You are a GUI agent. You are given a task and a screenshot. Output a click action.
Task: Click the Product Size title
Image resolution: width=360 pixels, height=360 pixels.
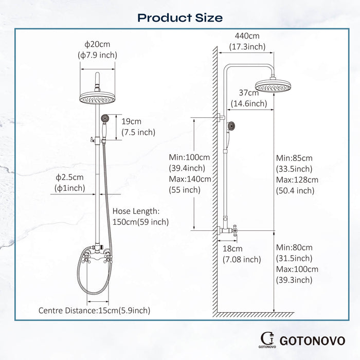[180, 18]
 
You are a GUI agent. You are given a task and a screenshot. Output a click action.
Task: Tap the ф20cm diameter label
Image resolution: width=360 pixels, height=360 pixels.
[97, 45]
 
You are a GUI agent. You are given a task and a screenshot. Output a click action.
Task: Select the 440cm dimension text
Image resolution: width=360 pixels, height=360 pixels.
[247, 36]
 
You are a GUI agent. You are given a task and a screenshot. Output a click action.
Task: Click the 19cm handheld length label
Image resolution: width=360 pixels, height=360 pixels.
[132, 122]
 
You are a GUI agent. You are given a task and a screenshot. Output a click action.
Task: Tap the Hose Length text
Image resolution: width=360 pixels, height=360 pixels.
[136, 211]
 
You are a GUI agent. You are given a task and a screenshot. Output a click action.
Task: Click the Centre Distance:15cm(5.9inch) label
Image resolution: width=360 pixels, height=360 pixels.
[95, 310]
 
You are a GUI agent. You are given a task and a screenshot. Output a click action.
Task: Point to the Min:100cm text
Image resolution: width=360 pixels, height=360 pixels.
[190, 157]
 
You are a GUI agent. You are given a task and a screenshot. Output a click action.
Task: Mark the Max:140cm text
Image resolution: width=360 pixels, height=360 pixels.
[190, 179]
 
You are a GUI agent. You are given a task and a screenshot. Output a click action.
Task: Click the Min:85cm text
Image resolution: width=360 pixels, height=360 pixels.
[294, 157]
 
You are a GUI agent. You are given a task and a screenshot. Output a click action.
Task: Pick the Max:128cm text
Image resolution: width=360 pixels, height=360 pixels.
[297, 180]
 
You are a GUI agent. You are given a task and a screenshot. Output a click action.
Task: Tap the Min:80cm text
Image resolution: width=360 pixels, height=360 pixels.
[294, 247]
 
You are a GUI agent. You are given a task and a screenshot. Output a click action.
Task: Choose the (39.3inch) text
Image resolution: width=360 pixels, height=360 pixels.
[294, 280]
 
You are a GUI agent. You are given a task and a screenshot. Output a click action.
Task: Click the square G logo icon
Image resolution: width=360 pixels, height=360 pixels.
[267, 338]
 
